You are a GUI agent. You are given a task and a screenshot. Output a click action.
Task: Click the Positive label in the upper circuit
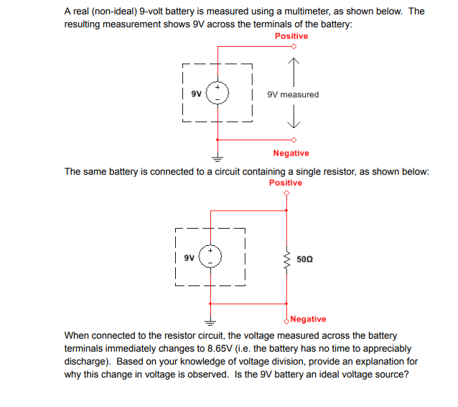tap(291, 36)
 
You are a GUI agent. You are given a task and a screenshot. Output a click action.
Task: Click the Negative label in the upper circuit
tap(291, 153)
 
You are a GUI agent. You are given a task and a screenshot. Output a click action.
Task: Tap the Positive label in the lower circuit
tap(286, 183)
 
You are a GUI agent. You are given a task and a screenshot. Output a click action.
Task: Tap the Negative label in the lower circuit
tap(309, 319)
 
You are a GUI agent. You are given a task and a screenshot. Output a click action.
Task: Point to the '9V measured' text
tap(292, 94)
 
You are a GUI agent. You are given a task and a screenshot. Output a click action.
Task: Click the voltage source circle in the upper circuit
tap(218, 93)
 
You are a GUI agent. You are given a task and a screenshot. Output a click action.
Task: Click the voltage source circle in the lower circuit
tap(210, 257)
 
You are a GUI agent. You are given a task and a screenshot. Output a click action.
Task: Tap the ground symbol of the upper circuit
tap(218, 157)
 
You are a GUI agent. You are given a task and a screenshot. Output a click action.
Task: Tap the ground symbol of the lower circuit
tap(210, 321)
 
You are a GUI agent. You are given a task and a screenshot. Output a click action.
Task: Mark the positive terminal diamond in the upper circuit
tap(293, 47)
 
